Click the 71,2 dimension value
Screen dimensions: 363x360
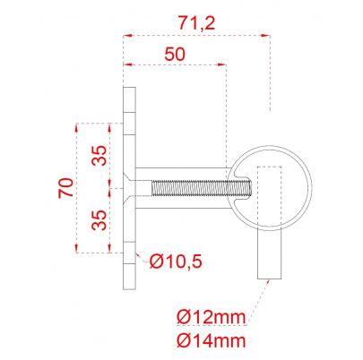tap(196, 23)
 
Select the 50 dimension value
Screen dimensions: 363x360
tap(175, 55)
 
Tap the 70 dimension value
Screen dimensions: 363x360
tap(66, 187)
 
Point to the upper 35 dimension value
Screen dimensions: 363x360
tap(99, 155)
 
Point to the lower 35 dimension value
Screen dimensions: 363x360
tap(99, 220)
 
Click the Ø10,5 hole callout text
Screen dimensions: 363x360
tap(176, 261)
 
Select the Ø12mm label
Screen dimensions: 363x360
tap(211, 317)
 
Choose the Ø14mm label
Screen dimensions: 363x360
tap(211, 340)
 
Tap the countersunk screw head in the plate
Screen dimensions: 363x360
tap(129, 188)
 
